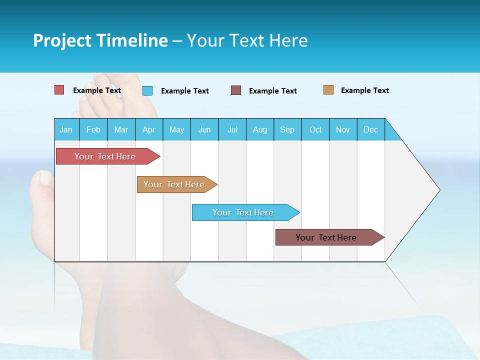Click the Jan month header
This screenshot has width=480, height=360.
pyautogui.click(x=66, y=129)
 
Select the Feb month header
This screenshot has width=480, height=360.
pyautogui.click(x=93, y=129)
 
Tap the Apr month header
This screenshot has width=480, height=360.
pyautogui.click(x=148, y=129)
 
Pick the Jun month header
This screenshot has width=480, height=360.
pyautogui.click(x=204, y=129)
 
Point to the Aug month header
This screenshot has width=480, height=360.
pyautogui.click(x=259, y=129)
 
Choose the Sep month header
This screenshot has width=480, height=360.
pyautogui.click(x=287, y=129)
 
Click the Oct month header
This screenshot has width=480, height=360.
pyautogui.click(x=315, y=129)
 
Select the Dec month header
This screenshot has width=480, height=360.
pyautogui.click(x=370, y=129)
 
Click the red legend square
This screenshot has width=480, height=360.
pyautogui.click(x=59, y=90)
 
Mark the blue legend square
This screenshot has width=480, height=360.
pyautogui.click(x=147, y=90)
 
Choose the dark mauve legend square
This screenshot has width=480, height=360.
pyautogui.click(x=236, y=90)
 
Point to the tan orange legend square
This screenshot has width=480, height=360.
pyautogui.click(x=328, y=90)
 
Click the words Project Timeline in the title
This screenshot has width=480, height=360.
pyautogui.click(x=100, y=40)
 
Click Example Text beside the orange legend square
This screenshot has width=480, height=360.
pyautogui.click(x=364, y=90)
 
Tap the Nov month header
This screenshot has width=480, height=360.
pyautogui.click(x=343, y=129)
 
